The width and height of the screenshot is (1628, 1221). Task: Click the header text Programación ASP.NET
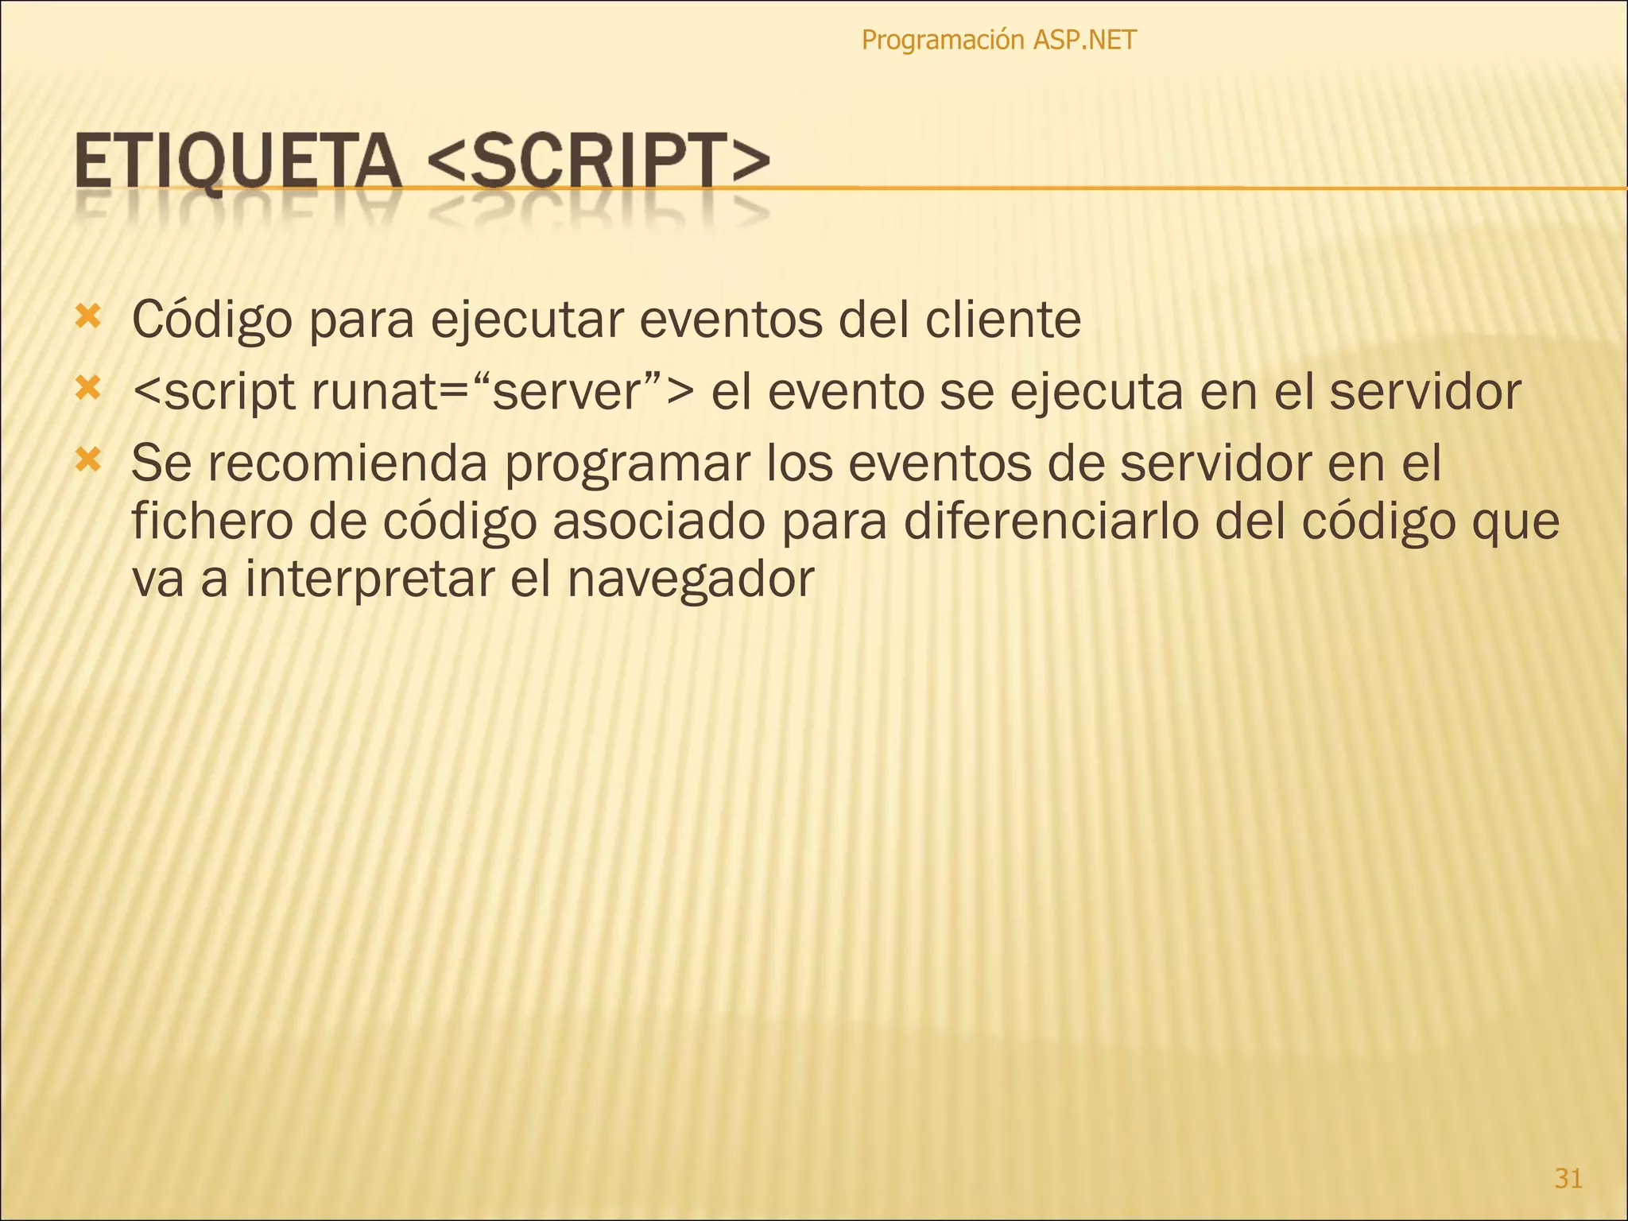998,40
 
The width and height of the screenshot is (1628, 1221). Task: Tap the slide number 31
1568,1178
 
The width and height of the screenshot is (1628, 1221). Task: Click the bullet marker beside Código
88,317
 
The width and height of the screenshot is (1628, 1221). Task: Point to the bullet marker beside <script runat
88,389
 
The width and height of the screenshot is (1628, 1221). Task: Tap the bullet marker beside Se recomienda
88,460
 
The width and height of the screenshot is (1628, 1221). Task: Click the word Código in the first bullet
212,320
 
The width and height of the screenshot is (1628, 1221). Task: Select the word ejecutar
527,320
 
